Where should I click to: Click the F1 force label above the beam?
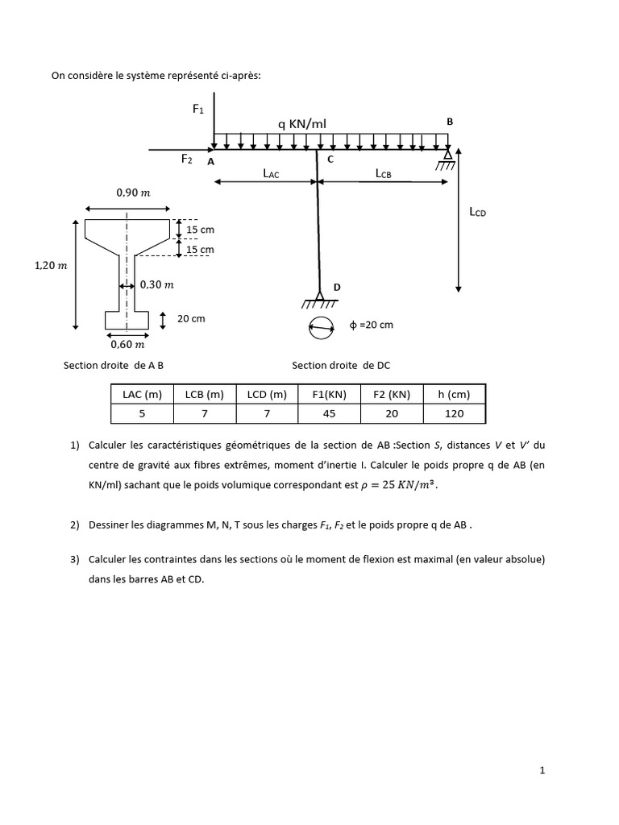click(198, 109)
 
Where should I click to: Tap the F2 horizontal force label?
click(186, 160)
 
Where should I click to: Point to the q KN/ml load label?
click(301, 123)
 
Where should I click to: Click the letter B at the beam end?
click(451, 122)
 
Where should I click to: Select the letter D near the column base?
click(338, 287)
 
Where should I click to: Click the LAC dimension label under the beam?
click(271, 173)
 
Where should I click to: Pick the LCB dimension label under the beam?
click(383, 173)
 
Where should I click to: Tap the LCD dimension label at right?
click(478, 213)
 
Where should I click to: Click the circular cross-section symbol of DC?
click(320, 327)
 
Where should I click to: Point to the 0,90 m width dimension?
click(132, 193)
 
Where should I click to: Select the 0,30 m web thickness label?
click(156, 284)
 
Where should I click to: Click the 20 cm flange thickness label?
click(191, 319)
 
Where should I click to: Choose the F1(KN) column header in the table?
click(329, 394)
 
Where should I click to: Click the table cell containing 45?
click(329, 413)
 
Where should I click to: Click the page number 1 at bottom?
click(542, 771)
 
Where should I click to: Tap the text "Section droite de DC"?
click(341, 365)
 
